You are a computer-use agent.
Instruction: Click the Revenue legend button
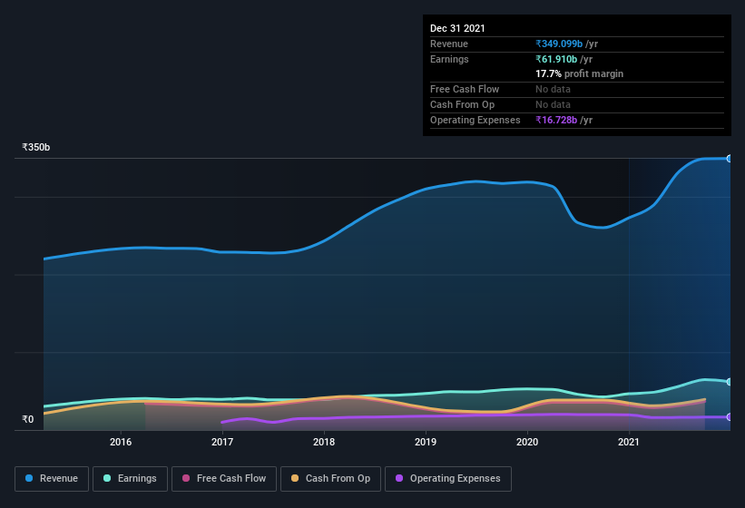pos(52,478)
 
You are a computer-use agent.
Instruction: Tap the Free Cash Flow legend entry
pos(225,478)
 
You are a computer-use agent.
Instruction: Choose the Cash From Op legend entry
pos(330,478)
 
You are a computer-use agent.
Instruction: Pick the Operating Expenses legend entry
pos(447,478)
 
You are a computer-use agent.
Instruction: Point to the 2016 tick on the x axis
pos(121,443)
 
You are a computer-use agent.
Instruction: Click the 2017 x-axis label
pos(222,443)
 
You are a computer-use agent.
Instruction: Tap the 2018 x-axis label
pos(324,443)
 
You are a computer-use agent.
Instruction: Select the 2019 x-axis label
pos(426,443)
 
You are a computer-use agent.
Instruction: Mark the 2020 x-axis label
pos(527,443)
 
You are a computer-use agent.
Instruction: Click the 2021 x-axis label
pos(629,443)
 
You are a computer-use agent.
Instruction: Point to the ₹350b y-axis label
pos(36,147)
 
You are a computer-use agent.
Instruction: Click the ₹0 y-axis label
pos(27,419)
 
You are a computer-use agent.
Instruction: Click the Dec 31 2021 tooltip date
pos(457,28)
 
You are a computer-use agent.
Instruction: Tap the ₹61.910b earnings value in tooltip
pos(564,59)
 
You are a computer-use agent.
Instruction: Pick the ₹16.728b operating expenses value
pos(564,120)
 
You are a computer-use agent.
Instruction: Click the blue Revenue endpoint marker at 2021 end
pos(730,159)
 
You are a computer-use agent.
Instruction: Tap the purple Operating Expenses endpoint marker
pos(730,417)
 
